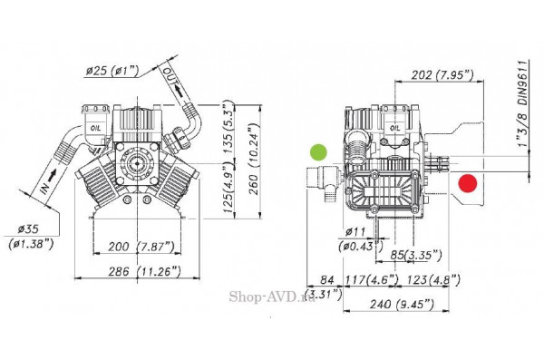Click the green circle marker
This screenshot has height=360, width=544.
[318, 152]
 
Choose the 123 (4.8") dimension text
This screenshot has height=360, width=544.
[430, 279]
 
